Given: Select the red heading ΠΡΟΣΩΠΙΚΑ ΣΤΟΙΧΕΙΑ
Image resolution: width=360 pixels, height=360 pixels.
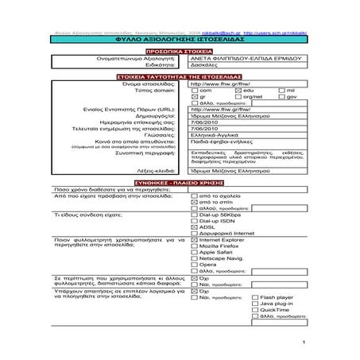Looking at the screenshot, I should (x=180, y=50).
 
